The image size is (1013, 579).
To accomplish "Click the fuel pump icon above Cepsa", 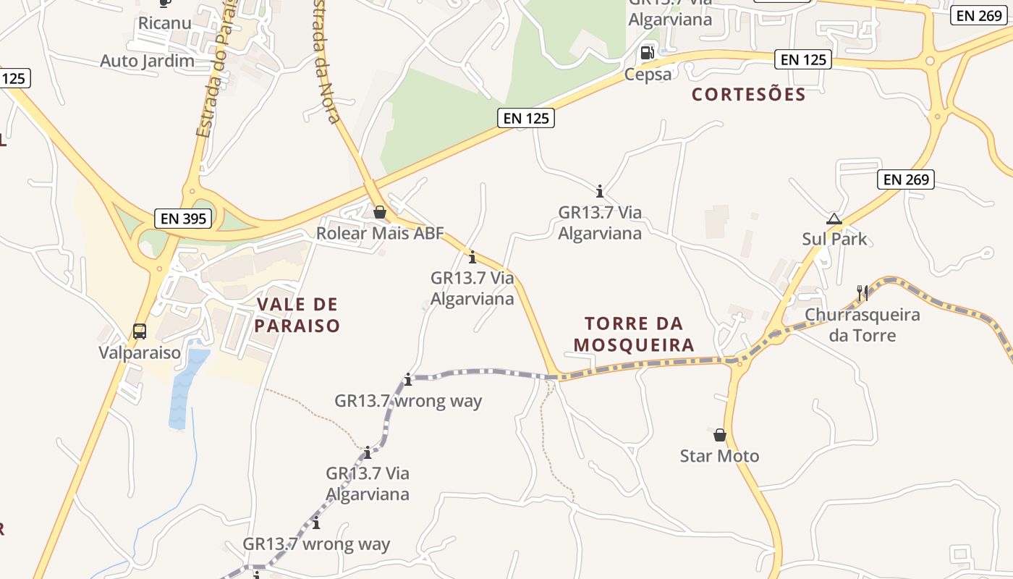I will (x=647, y=52).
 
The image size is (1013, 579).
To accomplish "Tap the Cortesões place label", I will (x=748, y=94).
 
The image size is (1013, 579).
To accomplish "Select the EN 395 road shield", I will (x=184, y=218).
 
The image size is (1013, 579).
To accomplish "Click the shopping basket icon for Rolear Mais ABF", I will (x=379, y=212).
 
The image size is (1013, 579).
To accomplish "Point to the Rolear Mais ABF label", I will (x=379, y=233).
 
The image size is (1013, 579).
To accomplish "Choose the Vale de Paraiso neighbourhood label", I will (x=297, y=315).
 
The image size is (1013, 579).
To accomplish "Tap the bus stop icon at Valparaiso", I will (x=140, y=331).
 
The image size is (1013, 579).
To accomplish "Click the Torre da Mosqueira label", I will (x=634, y=334).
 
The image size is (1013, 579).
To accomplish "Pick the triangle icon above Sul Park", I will (x=834, y=219).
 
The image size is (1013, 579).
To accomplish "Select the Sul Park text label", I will (x=834, y=239).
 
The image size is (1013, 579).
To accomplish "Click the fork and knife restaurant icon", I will (x=862, y=292).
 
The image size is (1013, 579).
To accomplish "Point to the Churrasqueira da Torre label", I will (x=862, y=325).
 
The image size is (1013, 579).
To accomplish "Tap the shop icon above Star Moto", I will (x=719, y=435).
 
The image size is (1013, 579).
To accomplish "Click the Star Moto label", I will (x=719, y=456).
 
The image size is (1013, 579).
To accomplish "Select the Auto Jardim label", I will (x=147, y=60).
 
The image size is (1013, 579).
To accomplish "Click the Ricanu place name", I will (x=165, y=22).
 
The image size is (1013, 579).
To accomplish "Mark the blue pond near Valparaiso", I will (x=185, y=387).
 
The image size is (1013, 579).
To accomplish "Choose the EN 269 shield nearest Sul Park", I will (x=906, y=179).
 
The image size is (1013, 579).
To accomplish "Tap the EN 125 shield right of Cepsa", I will (x=803, y=59).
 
